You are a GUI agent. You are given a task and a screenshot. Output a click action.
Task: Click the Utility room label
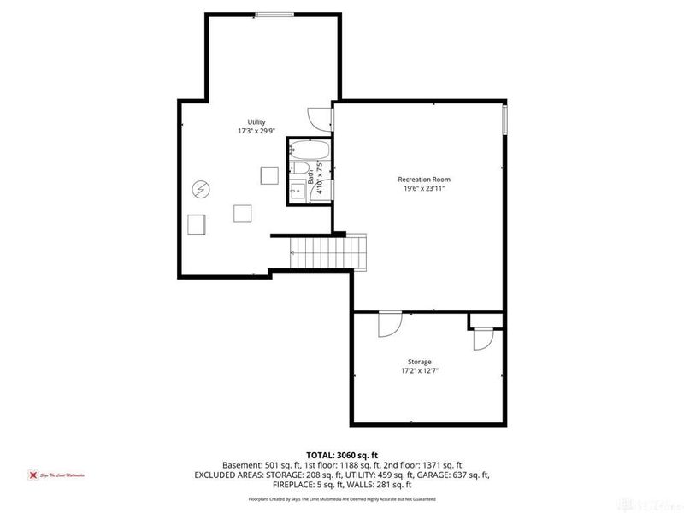pyautogui.click(x=256, y=122)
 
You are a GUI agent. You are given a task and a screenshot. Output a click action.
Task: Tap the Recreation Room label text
pyautogui.click(x=423, y=179)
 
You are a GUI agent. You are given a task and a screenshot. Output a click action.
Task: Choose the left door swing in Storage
pyautogui.click(x=386, y=324)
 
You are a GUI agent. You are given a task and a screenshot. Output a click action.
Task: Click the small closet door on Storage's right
pyautogui.click(x=481, y=337)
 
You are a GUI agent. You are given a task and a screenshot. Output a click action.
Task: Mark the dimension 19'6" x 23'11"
pyautogui.click(x=423, y=188)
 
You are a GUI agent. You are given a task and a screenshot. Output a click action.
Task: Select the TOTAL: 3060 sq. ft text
pyautogui.click(x=342, y=454)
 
